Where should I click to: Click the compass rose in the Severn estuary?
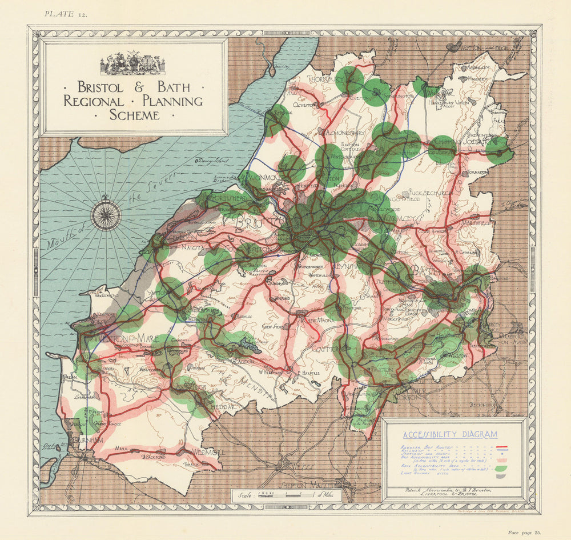[106, 215]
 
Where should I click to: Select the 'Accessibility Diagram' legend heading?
[450, 434]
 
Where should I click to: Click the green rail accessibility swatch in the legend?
[502, 469]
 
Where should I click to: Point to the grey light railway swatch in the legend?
[502, 475]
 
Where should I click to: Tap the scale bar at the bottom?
[285, 495]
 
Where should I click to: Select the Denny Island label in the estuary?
[208, 161]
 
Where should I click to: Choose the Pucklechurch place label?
[416, 193]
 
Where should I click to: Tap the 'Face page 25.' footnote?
[524, 532]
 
